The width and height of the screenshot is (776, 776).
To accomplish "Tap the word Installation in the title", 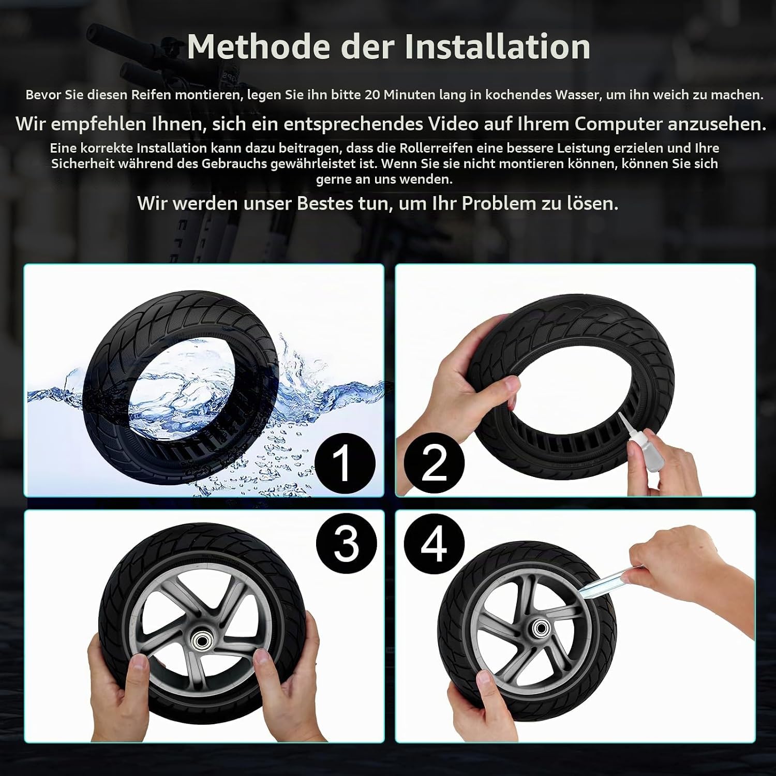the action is (498, 47).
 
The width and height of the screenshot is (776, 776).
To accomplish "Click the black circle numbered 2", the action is (434, 464).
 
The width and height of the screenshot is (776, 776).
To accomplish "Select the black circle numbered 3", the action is (346, 544).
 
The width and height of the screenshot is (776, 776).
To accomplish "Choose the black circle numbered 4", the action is (434, 544).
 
